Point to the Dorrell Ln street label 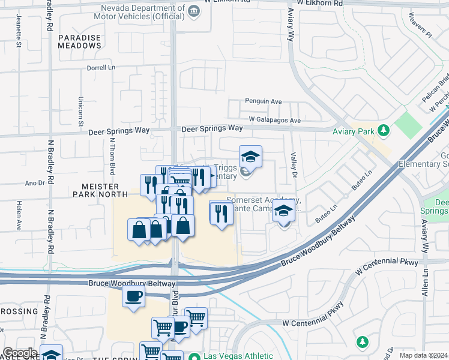click(100, 68)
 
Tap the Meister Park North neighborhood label click(100, 190)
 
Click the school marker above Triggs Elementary click(250, 157)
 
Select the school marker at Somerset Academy click(283, 212)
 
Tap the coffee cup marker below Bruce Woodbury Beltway click(133, 296)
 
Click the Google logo click(20, 353)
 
